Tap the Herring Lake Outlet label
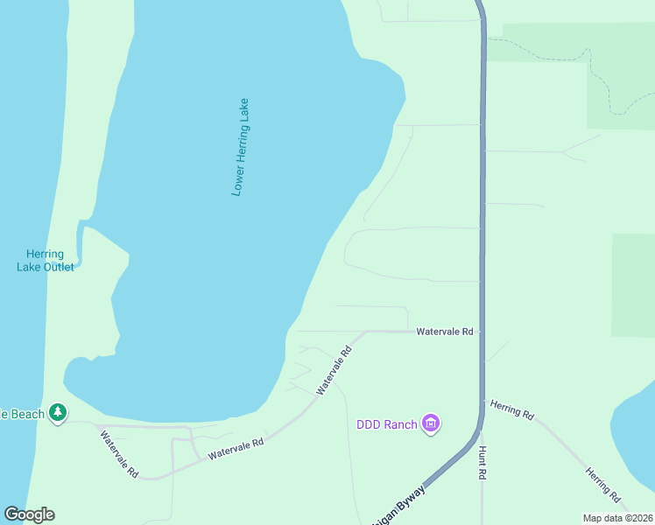click(46, 260)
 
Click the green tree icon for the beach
click(58, 411)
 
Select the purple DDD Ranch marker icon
click(430, 424)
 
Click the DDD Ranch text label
click(386, 425)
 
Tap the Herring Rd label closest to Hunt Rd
click(512, 410)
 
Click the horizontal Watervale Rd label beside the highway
click(444, 332)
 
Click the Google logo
click(29, 514)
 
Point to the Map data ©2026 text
click(617, 518)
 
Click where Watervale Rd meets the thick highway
click(481, 332)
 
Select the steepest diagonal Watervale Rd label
click(334, 369)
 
